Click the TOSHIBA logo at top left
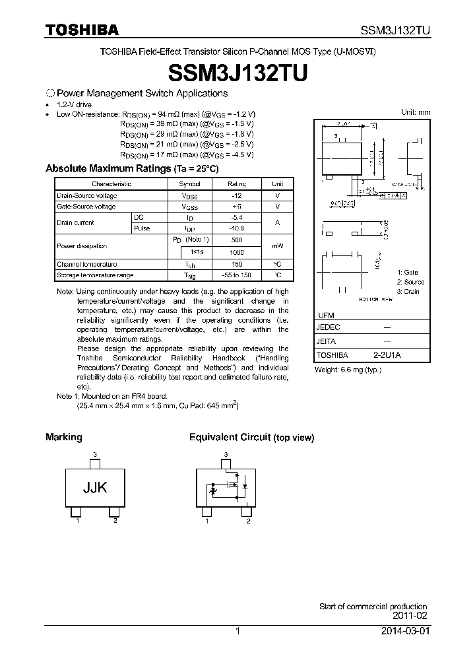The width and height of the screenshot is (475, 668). pos(82,30)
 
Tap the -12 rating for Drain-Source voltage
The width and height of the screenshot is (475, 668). pos(237,196)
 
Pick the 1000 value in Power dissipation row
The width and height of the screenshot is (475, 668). pos(237,253)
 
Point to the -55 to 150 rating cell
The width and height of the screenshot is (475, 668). pos(237,275)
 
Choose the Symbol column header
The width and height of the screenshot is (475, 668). pos(190,184)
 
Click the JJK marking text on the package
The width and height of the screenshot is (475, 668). pos(95,488)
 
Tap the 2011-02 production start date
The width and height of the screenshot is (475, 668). pos(410,616)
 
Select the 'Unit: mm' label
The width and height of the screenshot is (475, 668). pos(416,112)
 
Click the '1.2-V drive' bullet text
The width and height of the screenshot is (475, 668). pos(75,105)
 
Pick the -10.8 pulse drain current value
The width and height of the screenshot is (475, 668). pos(237,228)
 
